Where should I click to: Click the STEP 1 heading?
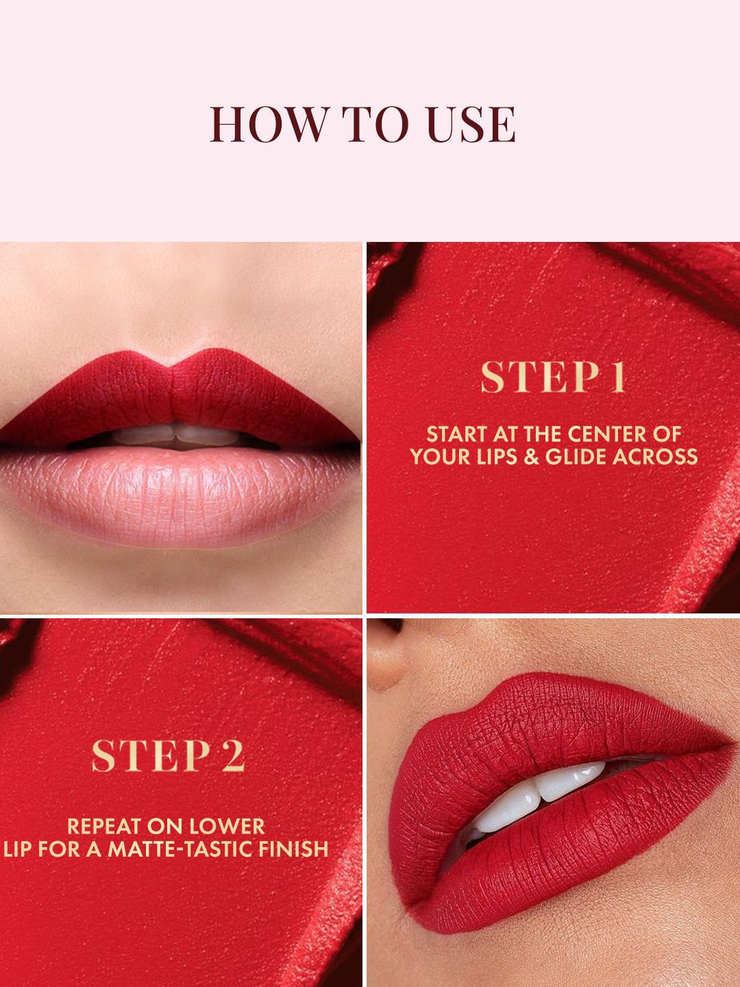click(x=553, y=377)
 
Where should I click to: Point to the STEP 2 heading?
click(x=168, y=756)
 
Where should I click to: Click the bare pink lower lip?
click(x=180, y=492)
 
